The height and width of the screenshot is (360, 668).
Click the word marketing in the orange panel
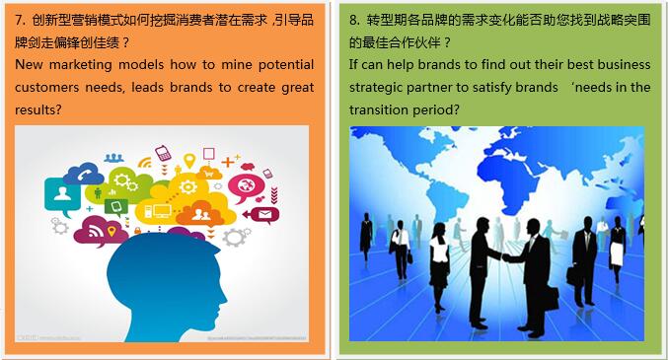[81, 65]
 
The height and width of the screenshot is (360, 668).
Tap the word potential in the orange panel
[286, 65]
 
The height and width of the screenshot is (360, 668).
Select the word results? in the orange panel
[38, 109]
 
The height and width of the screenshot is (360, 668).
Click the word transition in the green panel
[373, 109]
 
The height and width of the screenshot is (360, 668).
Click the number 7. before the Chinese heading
[21, 20]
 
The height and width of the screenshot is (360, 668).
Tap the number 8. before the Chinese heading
[355, 20]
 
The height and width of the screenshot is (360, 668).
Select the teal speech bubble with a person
[62, 195]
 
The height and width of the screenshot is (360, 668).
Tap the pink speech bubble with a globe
[246, 187]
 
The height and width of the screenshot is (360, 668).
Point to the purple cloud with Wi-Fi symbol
[101, 232]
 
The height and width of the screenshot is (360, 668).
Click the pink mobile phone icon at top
[163, 153]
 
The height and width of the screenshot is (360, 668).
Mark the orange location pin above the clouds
[189, 161]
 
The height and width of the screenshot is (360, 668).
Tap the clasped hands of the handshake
[505, 256]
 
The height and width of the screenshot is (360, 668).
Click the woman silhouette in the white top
[439, 265]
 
